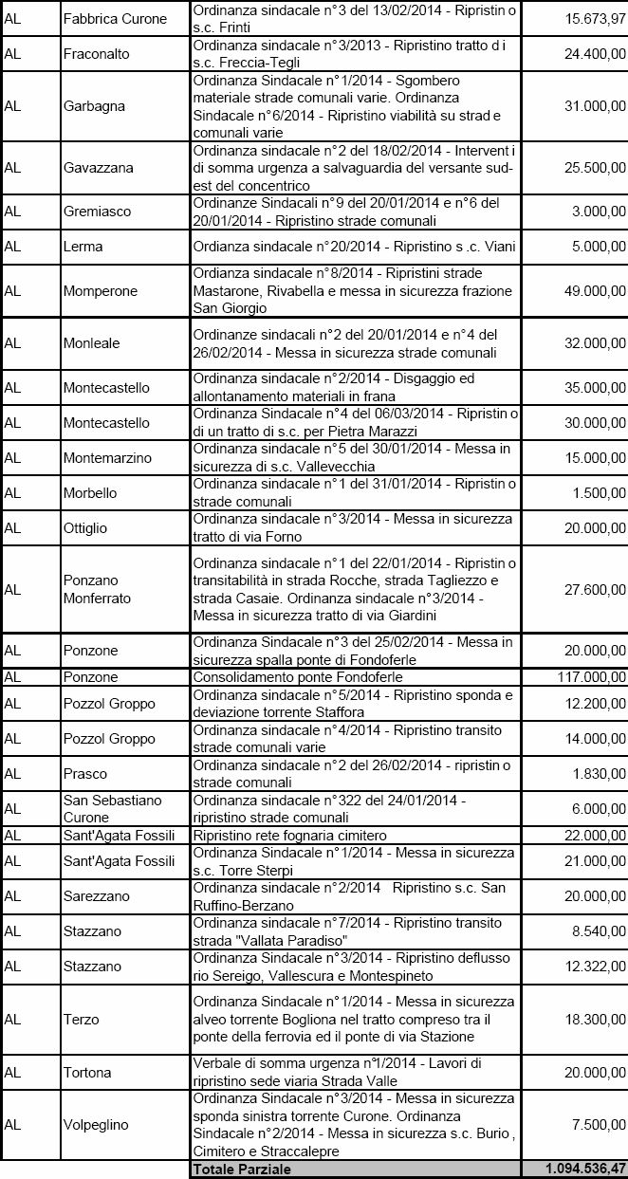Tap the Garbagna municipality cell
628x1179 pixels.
(94, 106)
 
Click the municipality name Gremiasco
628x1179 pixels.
(97, 212)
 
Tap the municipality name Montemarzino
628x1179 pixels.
(107, 458)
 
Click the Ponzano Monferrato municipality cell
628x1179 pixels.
(97, 589)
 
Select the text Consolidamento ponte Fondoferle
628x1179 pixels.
(298, 677)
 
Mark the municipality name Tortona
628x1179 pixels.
(87, 1073)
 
